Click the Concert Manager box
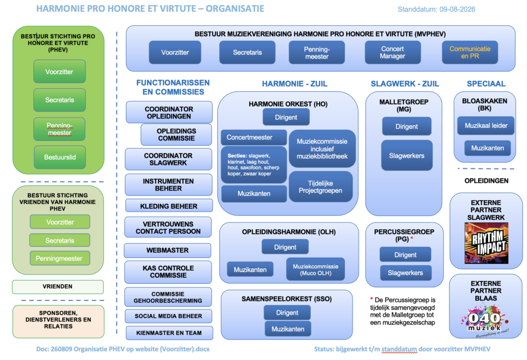(x=393, y=53)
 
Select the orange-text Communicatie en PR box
(x=470, y=53)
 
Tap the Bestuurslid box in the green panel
(x=60, y=157)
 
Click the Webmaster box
(x=167, y=250)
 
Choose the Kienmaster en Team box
(x=169, y=333)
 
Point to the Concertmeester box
(x=254, y=138)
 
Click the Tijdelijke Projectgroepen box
(x=321, y=187)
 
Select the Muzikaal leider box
(x=486, y=126)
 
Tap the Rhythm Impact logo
(x=486, y=243)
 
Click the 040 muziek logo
(x=485, y=321)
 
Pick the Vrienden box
(x=58, y=287)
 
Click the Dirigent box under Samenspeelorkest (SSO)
(x=287, y=313)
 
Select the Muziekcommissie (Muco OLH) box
(x=315, y=269)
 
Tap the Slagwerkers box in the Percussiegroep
(x=406, y=273)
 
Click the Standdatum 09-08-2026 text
(x=436, y=9)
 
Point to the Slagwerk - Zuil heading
(x=405, y=84)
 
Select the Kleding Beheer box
(x=169, y=206)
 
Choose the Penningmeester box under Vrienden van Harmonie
(x=60, y=259)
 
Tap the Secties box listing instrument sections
(x=254, y=164)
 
